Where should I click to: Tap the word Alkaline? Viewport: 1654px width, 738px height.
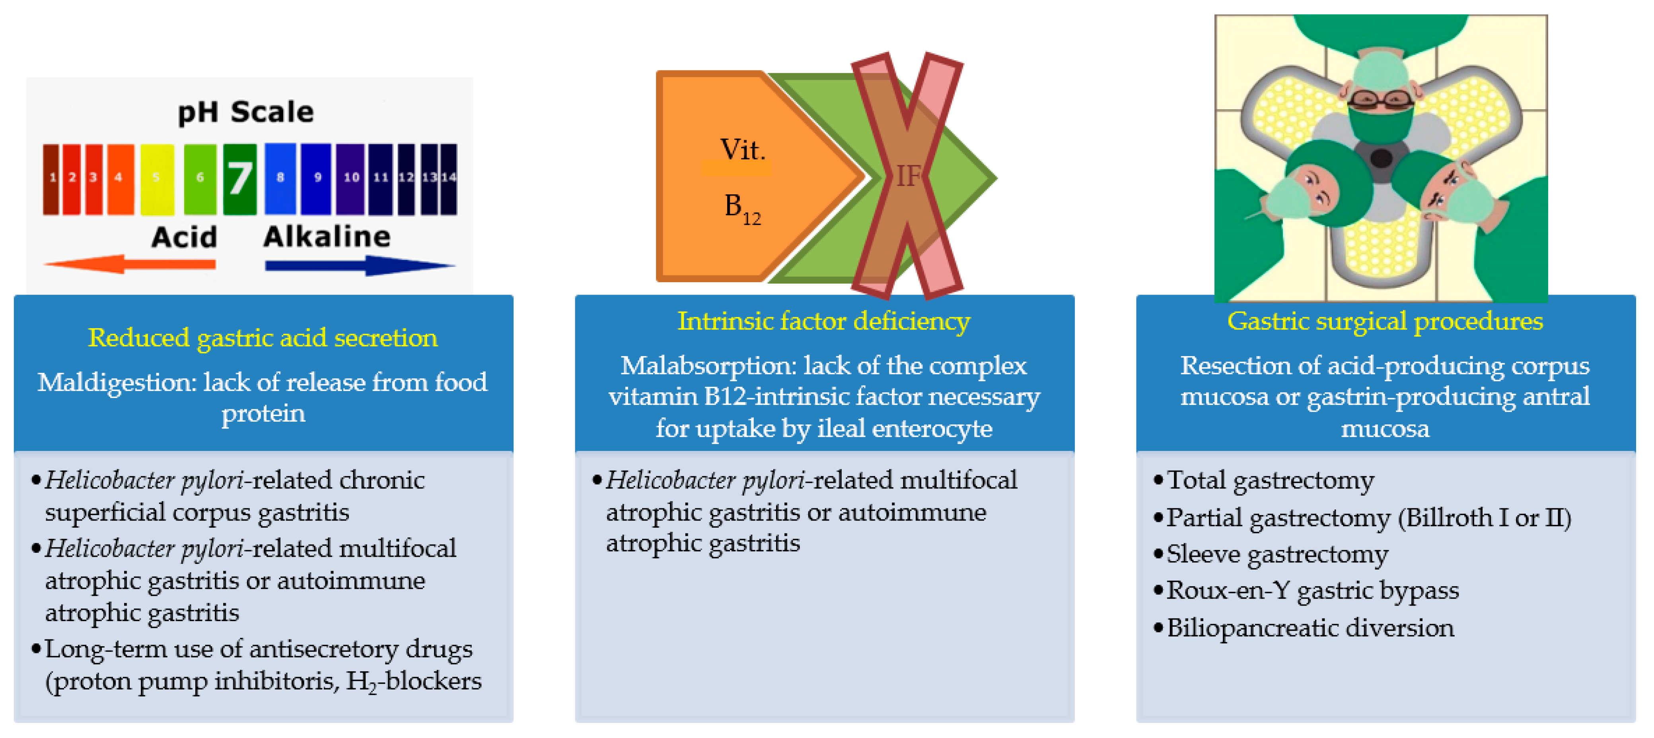click(327, 237)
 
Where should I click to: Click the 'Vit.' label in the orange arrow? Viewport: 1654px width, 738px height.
click(742, 149)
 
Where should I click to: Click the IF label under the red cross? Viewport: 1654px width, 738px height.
click(907, 176)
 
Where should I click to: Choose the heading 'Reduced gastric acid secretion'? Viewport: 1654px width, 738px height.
click(263, 337)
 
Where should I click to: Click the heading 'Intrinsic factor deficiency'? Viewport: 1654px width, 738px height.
click(824, 321)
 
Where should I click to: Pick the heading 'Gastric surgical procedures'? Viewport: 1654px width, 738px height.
click(1385, 321)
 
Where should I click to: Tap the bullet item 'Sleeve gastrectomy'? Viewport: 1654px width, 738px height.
click(1276, 554)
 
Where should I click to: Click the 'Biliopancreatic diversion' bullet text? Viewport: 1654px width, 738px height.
click(1310, 628)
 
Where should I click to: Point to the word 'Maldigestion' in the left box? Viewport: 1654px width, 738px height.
click(116, 382)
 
